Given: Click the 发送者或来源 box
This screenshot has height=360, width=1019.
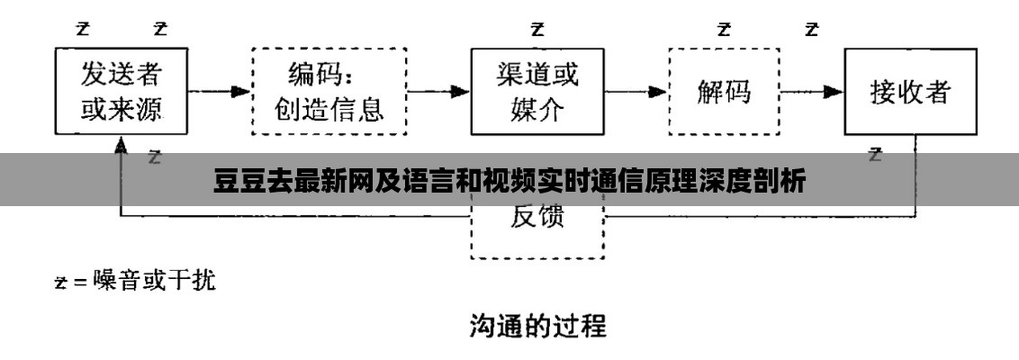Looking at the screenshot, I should (123, 91).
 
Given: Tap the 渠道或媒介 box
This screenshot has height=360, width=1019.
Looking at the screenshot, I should (537, 91).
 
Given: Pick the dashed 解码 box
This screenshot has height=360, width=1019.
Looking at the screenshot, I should (724, 92).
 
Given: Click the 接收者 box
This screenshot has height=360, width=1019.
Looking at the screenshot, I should (910, 91).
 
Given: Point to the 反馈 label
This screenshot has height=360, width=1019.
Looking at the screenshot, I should (537, 217).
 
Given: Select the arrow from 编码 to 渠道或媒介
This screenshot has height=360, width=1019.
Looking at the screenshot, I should (438, 91).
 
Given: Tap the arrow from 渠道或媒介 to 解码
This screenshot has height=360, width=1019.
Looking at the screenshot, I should (636, 91).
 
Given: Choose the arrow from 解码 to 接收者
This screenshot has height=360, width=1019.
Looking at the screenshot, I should (811, 91).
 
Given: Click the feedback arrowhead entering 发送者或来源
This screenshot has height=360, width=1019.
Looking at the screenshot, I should (121, 145).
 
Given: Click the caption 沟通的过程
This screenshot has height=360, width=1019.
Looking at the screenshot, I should (537, 325).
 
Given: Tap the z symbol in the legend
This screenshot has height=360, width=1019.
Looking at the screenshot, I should (60, 283).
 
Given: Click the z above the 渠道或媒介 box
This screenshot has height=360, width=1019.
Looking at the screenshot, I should (537, 28).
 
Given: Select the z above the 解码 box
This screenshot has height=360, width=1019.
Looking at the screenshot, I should (724, 28).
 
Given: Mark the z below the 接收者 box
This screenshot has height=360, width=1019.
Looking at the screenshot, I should (874, 154).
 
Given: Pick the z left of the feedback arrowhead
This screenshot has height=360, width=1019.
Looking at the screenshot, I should (154, 157).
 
